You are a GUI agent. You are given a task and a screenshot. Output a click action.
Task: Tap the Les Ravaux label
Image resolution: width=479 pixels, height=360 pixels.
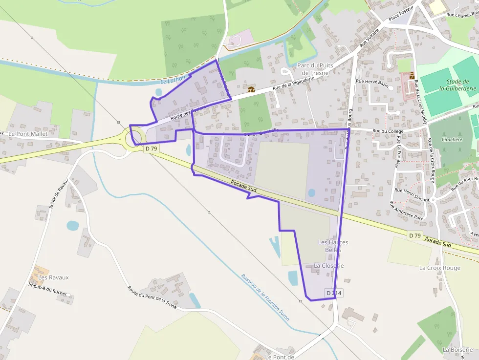(x=54, y=277)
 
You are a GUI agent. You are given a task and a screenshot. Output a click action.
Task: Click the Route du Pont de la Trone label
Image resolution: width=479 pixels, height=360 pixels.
(x=152, y=304)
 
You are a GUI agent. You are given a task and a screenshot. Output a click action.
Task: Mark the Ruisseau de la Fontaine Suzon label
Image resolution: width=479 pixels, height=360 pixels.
(x=265, y=297)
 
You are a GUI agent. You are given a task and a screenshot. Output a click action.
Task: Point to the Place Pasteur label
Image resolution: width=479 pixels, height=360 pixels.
(x=401, y=14)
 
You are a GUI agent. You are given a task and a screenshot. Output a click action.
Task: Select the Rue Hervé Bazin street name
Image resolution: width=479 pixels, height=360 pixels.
(x=372, y=83)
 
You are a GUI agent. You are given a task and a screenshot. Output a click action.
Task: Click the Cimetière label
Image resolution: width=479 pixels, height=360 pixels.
(x=452, y=139)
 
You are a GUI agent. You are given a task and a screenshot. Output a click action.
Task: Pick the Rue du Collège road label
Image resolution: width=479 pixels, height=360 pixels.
(x=388, y=131)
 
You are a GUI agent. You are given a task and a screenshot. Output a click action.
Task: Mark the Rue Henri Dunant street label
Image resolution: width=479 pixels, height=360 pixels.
(x=412, y=194)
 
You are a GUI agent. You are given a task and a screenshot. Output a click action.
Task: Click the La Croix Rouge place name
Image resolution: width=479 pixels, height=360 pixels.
(x=440, y=268)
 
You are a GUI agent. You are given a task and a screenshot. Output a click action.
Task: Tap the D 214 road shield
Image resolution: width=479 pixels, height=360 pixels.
(x=334, y=293)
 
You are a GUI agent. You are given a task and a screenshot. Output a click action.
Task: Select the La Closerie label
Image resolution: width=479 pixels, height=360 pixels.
(x=329, y=266)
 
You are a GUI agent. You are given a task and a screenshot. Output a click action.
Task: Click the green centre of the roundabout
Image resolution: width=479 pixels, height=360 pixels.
(x=134, y=138)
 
